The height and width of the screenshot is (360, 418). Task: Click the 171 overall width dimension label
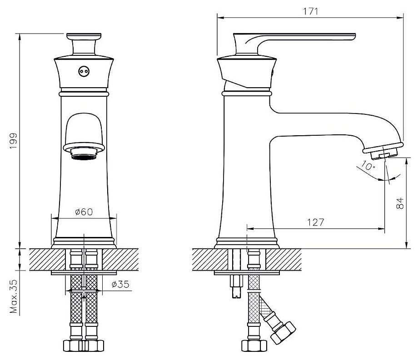(x=311, y=11)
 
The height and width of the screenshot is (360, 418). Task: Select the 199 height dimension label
(x=13, y=141)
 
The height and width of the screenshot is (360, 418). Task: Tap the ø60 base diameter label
(x=84, y=212)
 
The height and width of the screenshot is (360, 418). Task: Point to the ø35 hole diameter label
(x=120, y=284)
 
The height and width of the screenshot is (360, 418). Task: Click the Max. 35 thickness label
(x=13, y=296)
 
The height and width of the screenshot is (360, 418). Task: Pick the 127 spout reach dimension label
(x=316, y=222)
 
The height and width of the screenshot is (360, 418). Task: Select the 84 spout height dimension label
(x=400, y=203)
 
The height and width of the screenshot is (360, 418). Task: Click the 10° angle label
(x=368, y=165)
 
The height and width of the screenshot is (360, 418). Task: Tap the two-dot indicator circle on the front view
(x=84, y=71)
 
